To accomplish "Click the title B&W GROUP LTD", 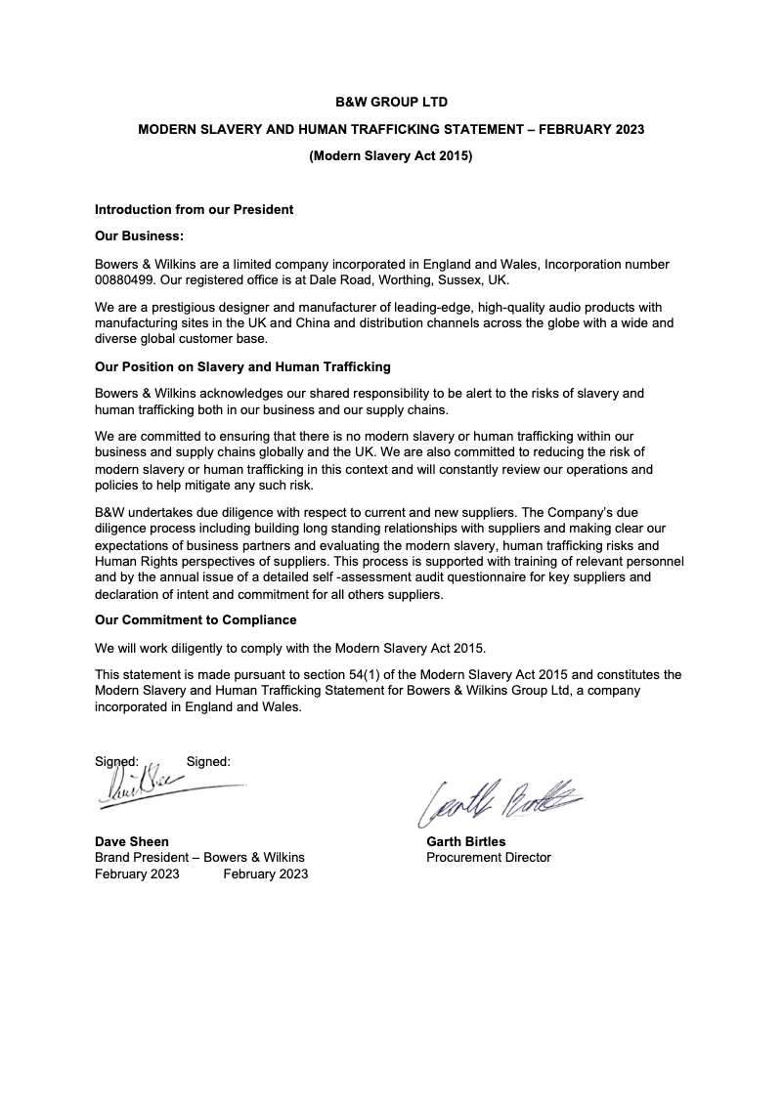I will pos(391,102).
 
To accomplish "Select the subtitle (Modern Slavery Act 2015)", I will pos(391,155).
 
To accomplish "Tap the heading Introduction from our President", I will pos(194,209).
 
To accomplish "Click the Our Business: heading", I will pos(139,236).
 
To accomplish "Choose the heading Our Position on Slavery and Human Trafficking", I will pos(242,366).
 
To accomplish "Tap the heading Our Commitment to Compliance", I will pos(196,619).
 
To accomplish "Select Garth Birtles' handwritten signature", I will pos(499,802).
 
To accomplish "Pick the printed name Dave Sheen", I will pos(131,841).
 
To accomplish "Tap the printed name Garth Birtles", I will pos(466,841).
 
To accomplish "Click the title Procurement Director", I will pos(489,858).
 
